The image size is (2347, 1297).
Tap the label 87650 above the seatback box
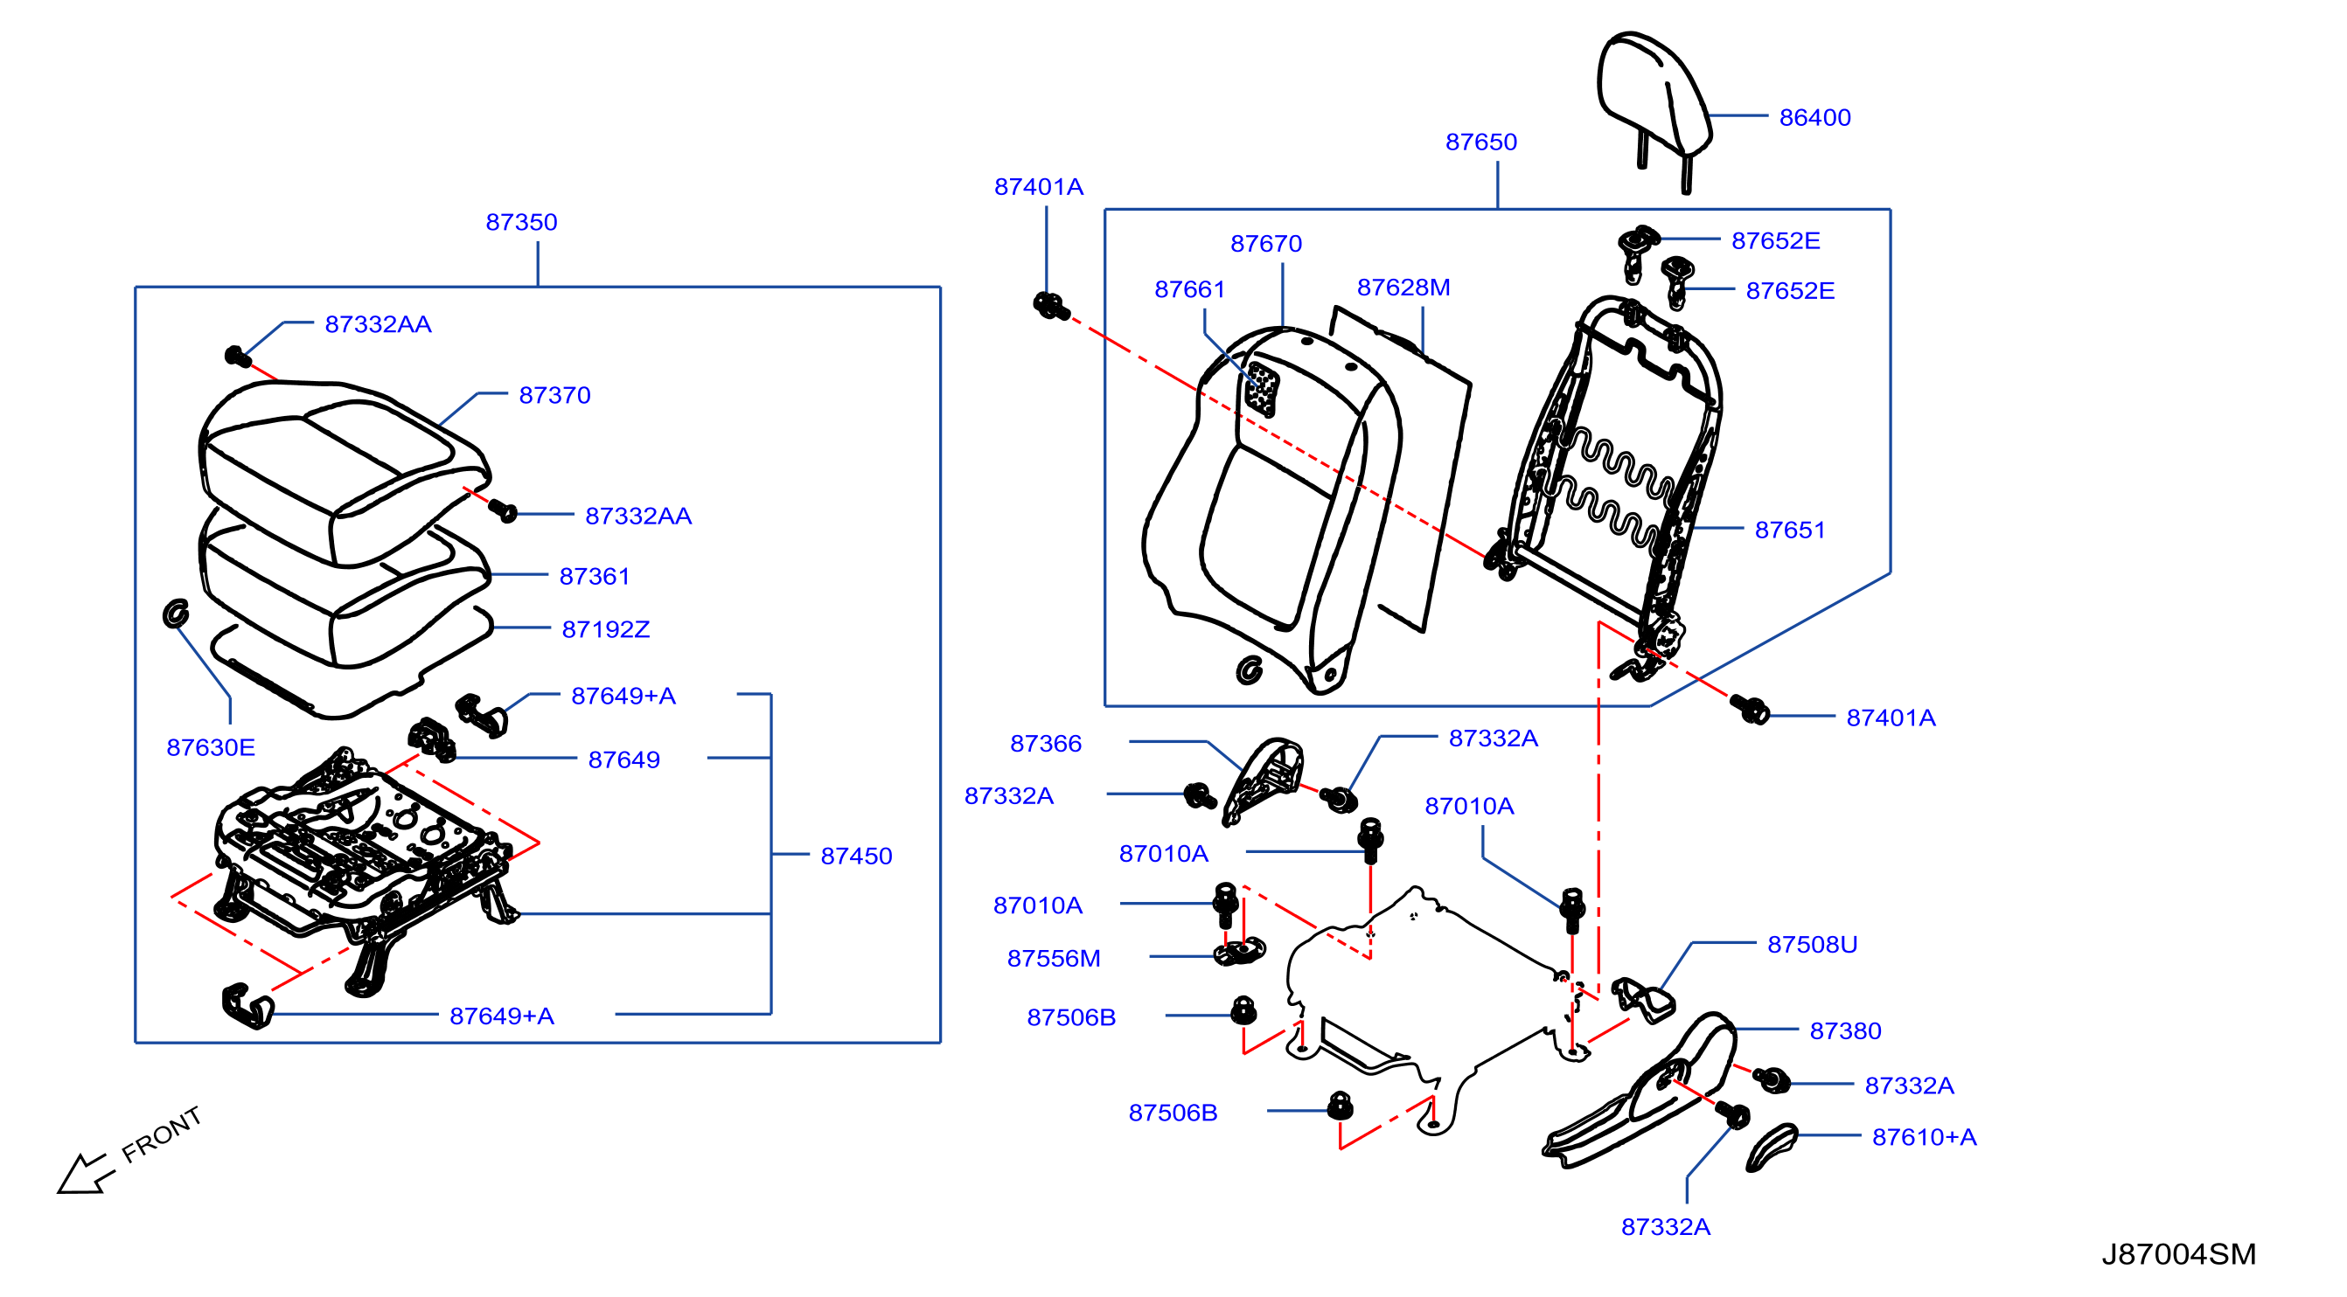point(1480,142)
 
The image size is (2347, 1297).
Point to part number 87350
point(521,222)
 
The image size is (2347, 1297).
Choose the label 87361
point(594,577)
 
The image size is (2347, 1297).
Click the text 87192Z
point(606,629)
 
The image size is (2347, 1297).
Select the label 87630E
point(211,748)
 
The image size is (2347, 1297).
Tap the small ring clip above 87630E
point(175,614)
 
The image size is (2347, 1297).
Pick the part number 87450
point(856,857)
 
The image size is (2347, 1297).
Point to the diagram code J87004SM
point(2178,1255)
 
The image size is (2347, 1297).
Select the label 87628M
point(1403,288)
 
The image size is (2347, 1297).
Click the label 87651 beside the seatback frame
point(1789,531)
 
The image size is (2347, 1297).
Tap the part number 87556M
point(1053,958)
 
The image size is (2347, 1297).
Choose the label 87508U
point(1812,945)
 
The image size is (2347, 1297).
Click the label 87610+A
point(1925,1138)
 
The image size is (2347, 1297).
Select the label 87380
point(1845,1031)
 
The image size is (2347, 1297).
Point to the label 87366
point(1046,744)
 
